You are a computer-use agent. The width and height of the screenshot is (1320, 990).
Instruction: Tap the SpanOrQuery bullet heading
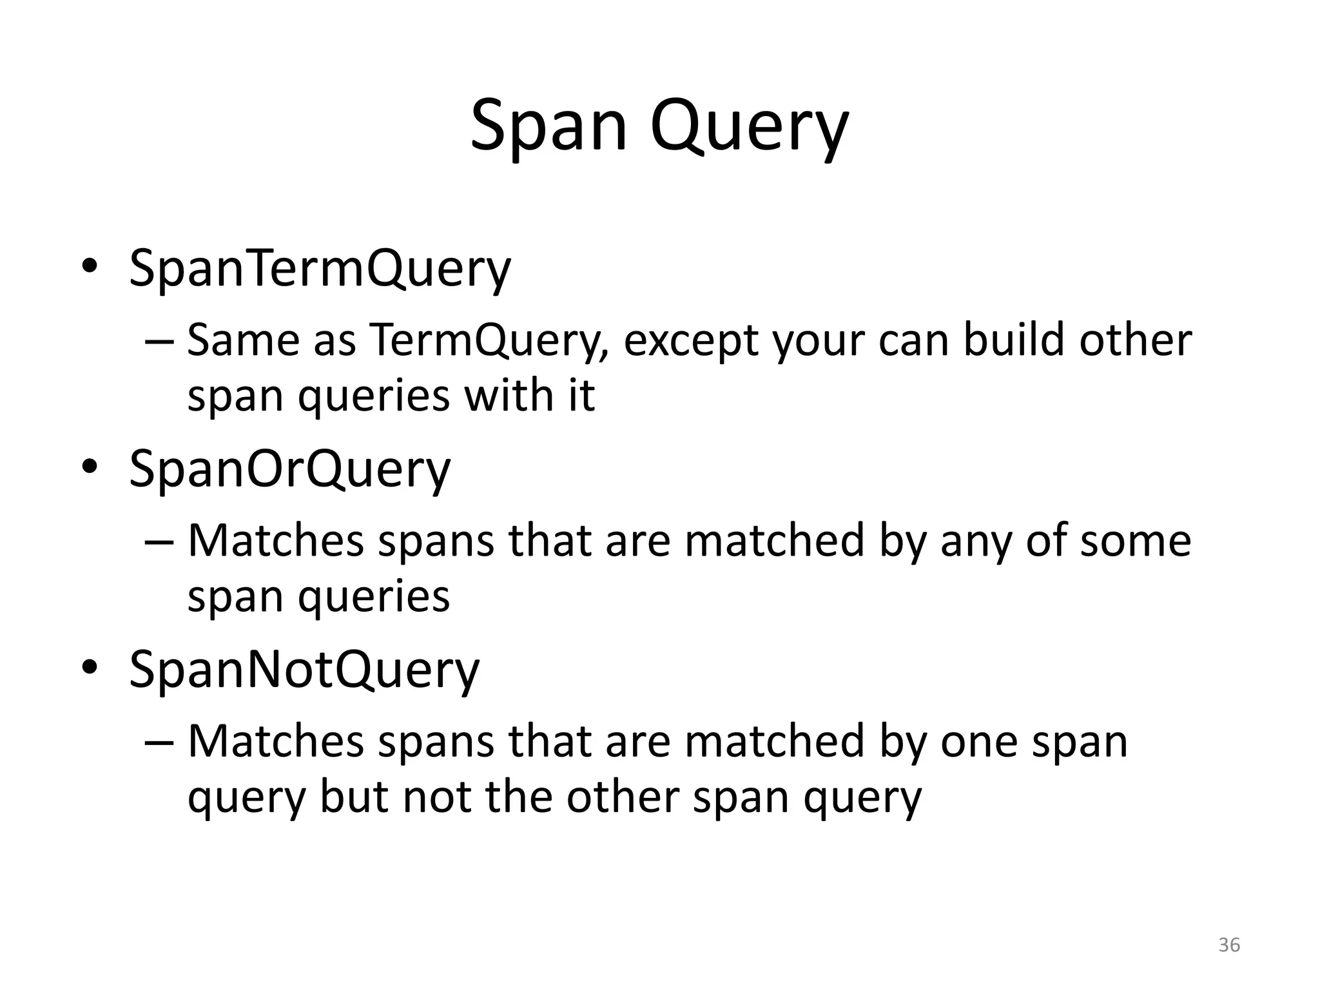click(x=289, y=469)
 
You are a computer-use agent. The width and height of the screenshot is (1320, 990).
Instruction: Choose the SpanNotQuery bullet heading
click(x=304, y=670)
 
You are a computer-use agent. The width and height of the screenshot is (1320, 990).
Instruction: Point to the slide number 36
click(x=1229, y=945)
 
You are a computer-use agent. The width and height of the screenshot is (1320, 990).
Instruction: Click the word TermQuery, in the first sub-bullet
click(x=490, y=340)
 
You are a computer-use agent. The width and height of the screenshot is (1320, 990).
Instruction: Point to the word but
click(x=354, y=797)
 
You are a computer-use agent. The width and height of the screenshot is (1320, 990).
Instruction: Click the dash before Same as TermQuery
click(x=159, y=341)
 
